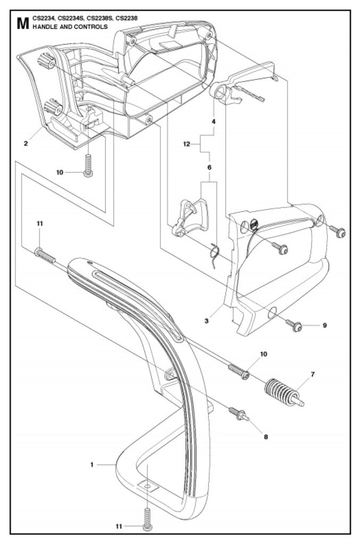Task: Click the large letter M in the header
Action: click(22, 23)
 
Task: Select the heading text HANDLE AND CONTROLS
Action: click(70, 27)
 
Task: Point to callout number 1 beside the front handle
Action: click(92, 465)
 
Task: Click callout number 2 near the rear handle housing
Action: click(26, 142)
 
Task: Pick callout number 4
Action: click(214, 122)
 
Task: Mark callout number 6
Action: click(210, 167)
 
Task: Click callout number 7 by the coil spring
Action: click(312, 375)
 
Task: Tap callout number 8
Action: click(266, 437)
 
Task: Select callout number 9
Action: click(324, 325)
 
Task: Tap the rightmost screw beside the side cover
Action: click(337, 231)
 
